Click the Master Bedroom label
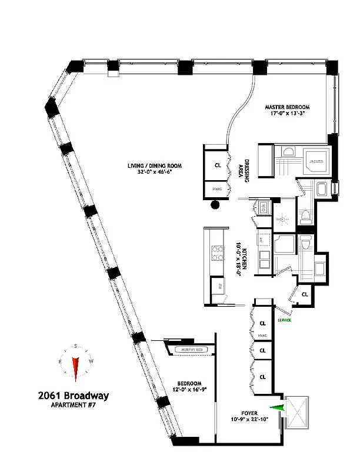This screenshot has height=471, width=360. [287, 107]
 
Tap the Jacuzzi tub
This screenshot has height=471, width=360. [315, 159]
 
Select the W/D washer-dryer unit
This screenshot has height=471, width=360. [262, 207]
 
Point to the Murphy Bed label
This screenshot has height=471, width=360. [194, 350]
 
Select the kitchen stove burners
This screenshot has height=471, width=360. [218, 253]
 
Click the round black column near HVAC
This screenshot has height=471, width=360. [215, 205]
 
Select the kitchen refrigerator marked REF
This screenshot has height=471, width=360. [215, 288]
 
